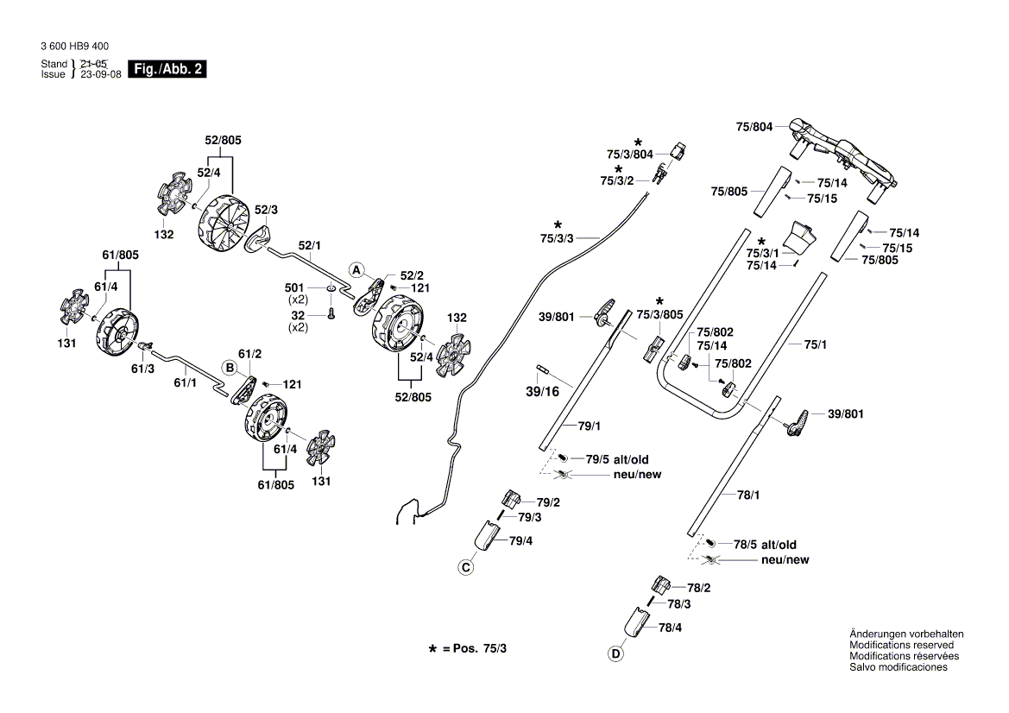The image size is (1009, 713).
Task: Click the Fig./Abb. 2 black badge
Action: click(x=167, y=69)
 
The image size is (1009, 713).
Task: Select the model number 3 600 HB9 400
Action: click(x=74, y=47)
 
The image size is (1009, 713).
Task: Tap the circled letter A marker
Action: click(x=356, y=269)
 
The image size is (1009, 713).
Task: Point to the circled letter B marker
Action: click(x=230, y=367)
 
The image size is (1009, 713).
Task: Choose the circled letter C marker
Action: click(x=465, y=567)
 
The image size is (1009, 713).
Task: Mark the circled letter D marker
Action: click(x=615, y=654)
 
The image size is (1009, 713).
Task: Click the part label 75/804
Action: click(x=754, y=127)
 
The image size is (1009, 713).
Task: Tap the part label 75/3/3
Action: click(x=557, y=238)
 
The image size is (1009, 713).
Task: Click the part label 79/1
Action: click(x=589, y=426)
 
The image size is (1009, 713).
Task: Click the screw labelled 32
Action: click(x=330, y=316)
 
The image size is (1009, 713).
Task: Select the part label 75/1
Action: click(x=816, y=344)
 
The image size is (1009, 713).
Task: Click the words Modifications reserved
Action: click(x=901, y=645)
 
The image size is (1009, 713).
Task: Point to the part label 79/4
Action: click(x=520, y=541)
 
